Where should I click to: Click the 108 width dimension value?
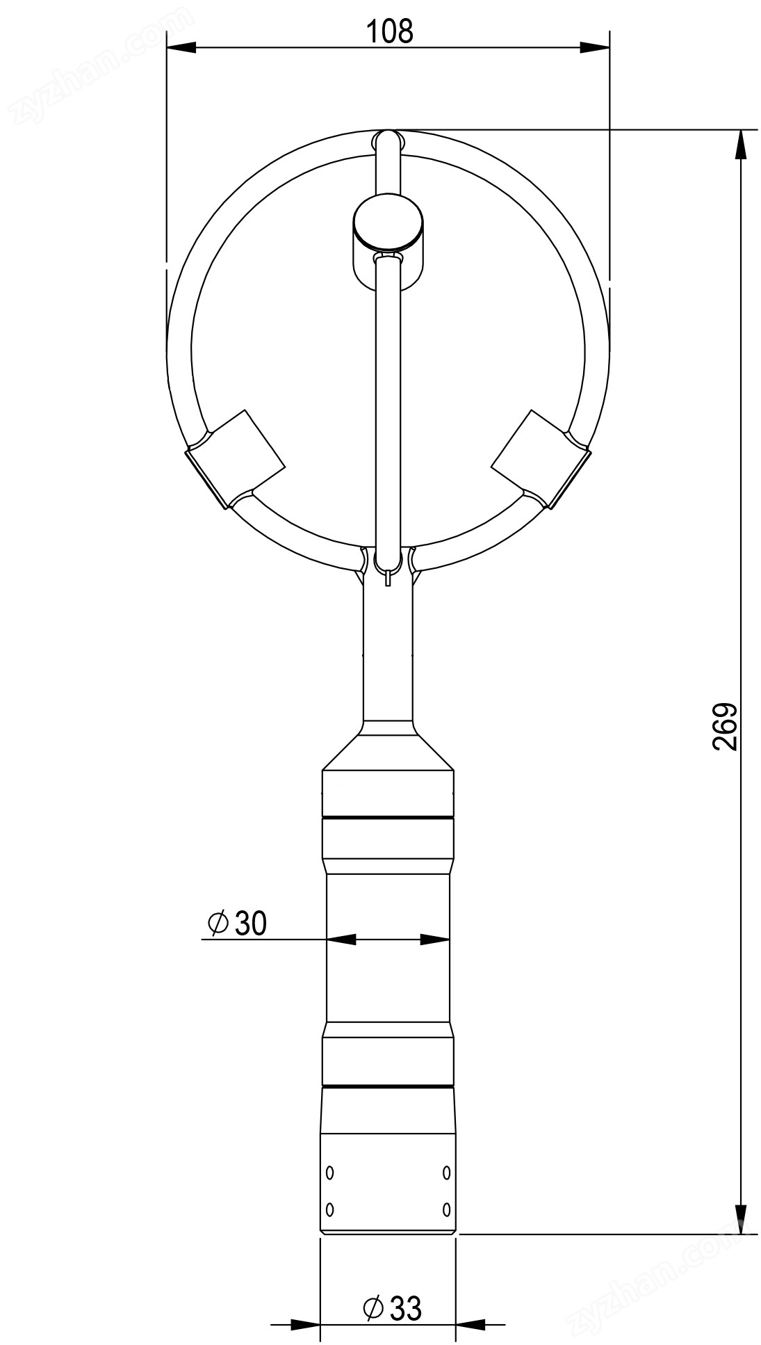tap(389, 31)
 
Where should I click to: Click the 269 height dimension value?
tap(724, 727)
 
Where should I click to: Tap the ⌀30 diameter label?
tap(237, 923)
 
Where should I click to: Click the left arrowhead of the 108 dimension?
tap(181, 48)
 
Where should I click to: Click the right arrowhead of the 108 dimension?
tap(595, 48)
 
